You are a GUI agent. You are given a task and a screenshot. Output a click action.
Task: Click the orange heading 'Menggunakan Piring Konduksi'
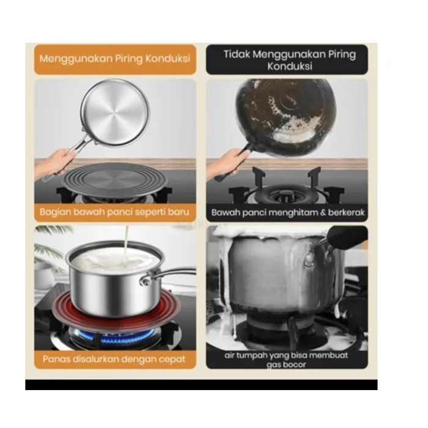115,59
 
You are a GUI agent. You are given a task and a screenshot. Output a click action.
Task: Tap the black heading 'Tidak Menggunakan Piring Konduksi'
290,60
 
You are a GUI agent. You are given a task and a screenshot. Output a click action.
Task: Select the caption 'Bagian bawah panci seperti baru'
114,212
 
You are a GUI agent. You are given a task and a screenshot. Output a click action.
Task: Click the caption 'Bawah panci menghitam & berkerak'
288,212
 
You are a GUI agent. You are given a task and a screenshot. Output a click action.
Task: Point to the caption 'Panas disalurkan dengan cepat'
114,359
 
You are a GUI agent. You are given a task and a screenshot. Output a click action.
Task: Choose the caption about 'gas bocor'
286,360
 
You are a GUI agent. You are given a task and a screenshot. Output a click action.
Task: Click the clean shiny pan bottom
115,113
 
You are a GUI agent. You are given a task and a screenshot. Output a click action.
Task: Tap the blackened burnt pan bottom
286,118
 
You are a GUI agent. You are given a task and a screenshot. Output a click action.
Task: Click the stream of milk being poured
126,246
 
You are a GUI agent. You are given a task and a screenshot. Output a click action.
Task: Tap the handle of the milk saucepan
169,275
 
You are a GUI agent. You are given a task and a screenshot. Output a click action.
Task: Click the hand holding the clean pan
56,163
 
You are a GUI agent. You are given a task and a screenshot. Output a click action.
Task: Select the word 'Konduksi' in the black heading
290,66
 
